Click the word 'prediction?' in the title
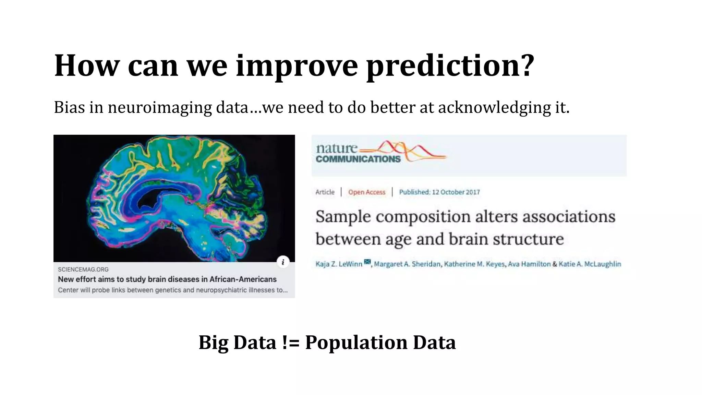point(450,66)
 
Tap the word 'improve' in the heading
point(297,66)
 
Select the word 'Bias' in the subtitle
point(69,107)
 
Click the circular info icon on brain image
point(283,262)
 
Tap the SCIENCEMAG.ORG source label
point(83,270)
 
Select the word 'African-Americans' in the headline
point(243,279)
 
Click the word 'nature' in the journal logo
point(336,148)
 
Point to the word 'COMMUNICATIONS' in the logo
point(358,159)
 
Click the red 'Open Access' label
point(366,192)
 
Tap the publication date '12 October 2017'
point(456,192)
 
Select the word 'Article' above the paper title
point(325,192)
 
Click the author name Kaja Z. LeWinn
point(339,264)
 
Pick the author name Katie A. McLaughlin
point(590,264)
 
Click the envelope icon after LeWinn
point(367,262)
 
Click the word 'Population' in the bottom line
point(356,343)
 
